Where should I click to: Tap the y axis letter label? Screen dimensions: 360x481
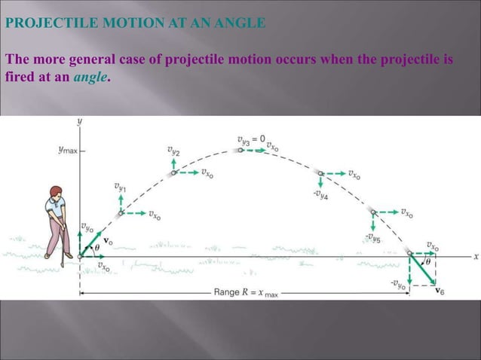coord(80,121)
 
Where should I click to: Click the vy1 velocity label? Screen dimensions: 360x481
coord(121,185)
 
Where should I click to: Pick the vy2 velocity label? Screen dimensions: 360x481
coord(173,151)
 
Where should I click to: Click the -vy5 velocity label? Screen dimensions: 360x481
coord(372,238)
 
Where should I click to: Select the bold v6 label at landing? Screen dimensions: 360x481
coord(440,291)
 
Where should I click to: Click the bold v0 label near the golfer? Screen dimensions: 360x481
coord(108,242)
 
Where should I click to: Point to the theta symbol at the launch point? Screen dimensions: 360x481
coord(97,246)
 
